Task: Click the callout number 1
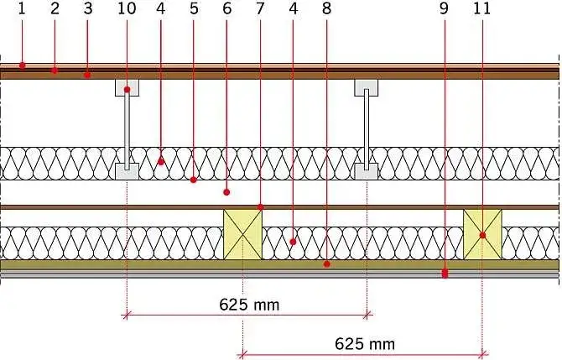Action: pos(22,8)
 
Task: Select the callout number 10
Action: pos(127,8)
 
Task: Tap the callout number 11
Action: pos(481,8)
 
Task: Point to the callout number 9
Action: pos(444,8)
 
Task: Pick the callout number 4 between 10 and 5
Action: pos(160,8)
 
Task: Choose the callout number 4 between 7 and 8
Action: pos(294,8)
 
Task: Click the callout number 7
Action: pos(260,8)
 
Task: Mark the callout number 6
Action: pos(226,8)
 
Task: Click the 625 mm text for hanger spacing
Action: pos(249,305)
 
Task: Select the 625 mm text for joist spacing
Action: pos(365,344)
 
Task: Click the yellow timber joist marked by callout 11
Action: pos(482,234)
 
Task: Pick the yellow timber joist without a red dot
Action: pos(242,234)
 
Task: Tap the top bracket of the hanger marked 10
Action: pos(127,88)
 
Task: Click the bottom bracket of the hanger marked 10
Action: pos(127,172)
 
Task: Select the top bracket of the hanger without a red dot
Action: pos(367,88)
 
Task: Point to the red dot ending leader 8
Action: pos(326,264)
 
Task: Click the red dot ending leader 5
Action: pos(194,180)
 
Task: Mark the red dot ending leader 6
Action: pos(226,192)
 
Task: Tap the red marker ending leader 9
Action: pos(445,274)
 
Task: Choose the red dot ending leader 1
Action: pos(22,65)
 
